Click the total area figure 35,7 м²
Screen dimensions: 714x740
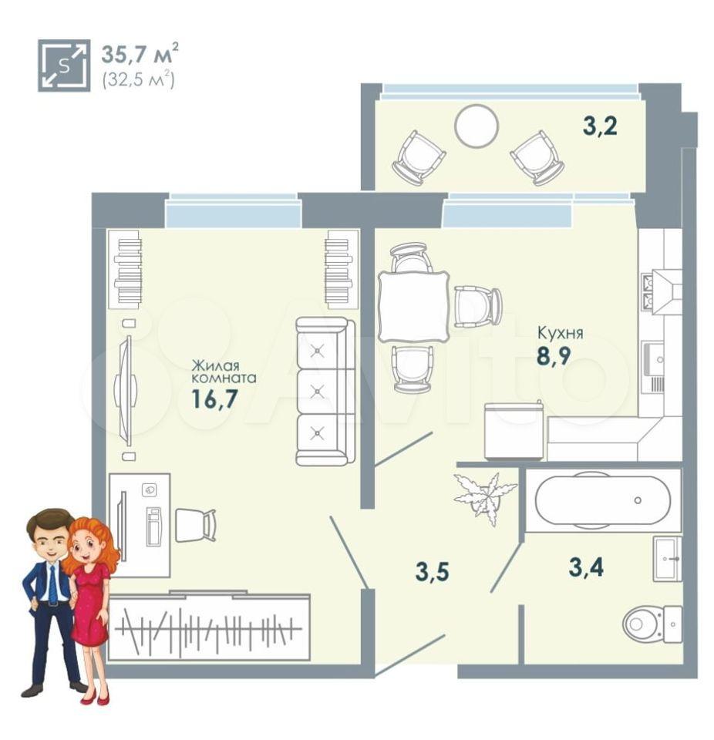click(x=140, y=53)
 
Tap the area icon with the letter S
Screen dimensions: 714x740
click(x=64, y=66)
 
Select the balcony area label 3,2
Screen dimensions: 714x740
click(x=600, y=126)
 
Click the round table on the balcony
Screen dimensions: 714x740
click(x=476, y=126)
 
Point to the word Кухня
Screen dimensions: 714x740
click(x=561, y=333)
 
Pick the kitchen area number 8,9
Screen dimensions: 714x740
click(x=554, y=355)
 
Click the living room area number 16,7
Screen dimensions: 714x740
click(x=214, y=399)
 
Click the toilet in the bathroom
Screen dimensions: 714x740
click(x=652, y=624)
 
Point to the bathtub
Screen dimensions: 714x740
click(x=602, y=499)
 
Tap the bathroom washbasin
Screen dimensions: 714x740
click(x=667, y=558)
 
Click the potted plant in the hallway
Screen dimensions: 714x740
click(x=484, y=498)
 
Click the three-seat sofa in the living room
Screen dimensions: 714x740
click(x=325, y=392)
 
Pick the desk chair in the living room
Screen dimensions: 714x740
click(x=196, y=525)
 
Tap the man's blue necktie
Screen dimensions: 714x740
click(x=52, y=584)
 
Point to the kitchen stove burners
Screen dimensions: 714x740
click(x=647, y=291)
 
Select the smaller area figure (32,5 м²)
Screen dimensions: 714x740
click(x=138, y=79)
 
